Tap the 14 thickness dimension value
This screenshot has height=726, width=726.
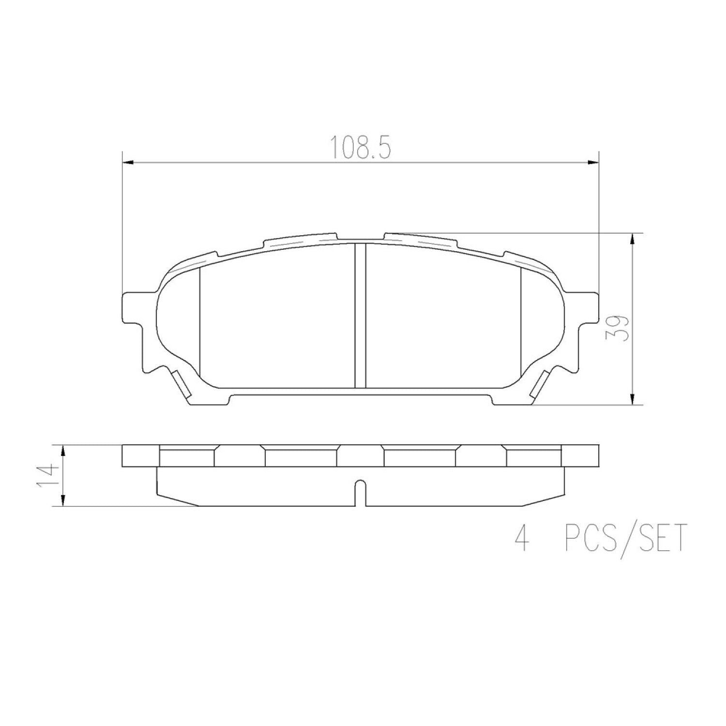[47, 477]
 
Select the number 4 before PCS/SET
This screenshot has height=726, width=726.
[522, 538]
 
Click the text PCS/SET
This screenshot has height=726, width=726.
[626, 538]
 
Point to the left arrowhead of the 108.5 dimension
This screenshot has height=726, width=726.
[127, 163]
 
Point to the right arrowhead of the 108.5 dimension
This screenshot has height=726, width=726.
[593, 163]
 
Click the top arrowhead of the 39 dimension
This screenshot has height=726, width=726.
[632, 239]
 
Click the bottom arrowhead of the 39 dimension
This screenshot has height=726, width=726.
[632, 398]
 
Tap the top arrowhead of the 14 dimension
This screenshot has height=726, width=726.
[62, 451]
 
